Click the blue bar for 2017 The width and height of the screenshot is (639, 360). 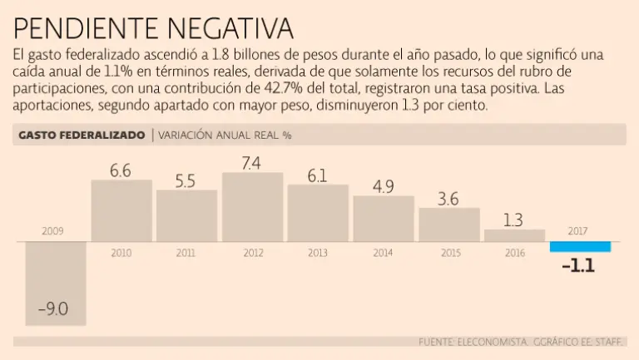point(580,246)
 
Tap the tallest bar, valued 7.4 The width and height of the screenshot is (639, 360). point(252,206)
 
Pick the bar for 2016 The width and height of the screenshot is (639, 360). point(514,235)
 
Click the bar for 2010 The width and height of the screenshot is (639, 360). point(121,210)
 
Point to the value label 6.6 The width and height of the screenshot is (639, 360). point(121,170)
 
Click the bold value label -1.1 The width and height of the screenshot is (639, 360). point(578,267)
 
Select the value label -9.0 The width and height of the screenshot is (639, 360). point(52,310)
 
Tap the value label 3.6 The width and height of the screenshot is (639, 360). point(448,199)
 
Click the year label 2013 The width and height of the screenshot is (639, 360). point(317,253)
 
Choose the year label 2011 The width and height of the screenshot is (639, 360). point(186,253)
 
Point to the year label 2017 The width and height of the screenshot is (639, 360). point(580,231)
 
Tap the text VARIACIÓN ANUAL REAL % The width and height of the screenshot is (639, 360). point(225,135)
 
